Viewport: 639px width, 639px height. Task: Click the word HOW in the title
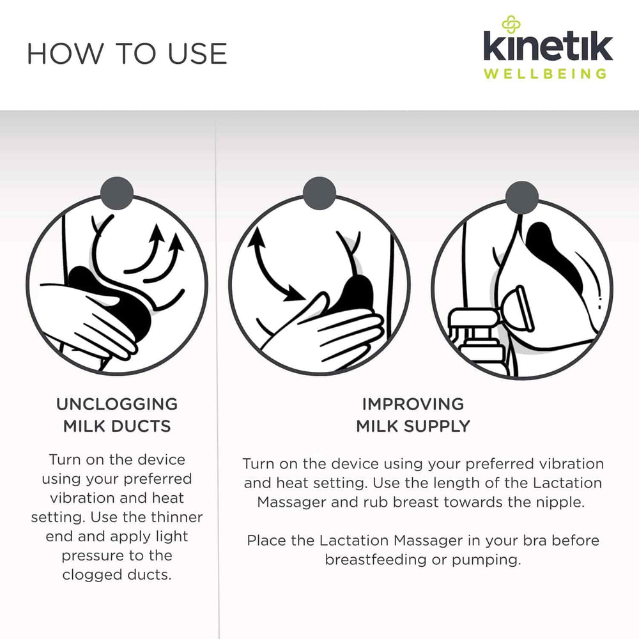click(x=65, y=54)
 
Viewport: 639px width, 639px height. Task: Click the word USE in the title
click(x=197, y=54)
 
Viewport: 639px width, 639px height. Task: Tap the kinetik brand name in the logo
click(x=548, y=45)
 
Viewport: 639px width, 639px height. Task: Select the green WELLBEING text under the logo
click(x=545, y=73)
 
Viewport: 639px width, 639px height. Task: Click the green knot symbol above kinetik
click(x=511, y=24)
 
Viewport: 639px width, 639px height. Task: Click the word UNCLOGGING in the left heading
click(x=117, y=404)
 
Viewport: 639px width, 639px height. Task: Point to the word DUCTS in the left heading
click(x=141, y=426)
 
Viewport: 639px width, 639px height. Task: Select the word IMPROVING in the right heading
click(x=413, y=404)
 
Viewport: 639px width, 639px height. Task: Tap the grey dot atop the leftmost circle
click(x=117, y=193)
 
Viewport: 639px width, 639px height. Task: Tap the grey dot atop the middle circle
click(x=319, y=193)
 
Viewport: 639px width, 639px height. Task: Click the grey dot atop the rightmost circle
click(x=522, y=197)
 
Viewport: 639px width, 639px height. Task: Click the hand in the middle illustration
click(x=326, y=330)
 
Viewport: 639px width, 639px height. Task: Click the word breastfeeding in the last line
click(x=376, y=560)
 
